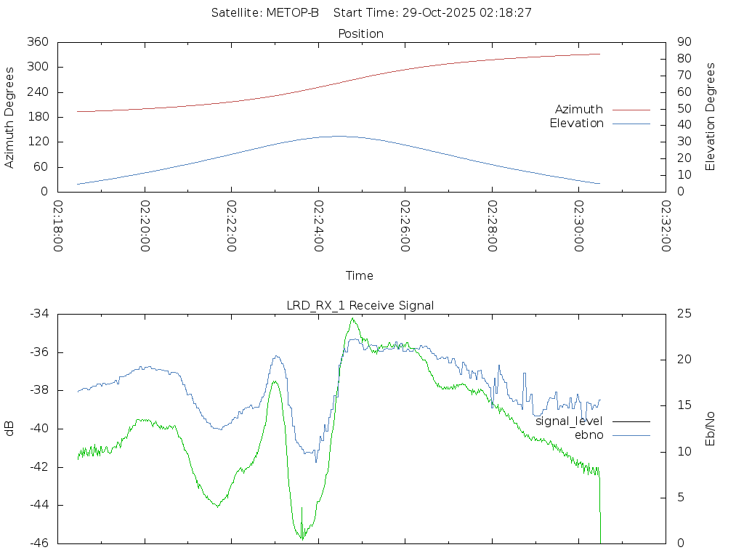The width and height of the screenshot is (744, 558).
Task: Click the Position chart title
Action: tap(361, 33)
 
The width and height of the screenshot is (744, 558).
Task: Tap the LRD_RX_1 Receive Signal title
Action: tap(360, 305)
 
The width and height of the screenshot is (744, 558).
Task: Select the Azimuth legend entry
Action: tap(579, 109)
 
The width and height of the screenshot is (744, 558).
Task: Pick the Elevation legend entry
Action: tap(576, 124)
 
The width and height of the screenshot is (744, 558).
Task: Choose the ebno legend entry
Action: tap(589, 434)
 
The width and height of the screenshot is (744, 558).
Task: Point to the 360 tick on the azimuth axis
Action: tap(38, 42)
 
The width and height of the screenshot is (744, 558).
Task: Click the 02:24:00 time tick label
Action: tap(318, 227)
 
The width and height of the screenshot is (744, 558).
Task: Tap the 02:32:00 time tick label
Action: tap(666, 227)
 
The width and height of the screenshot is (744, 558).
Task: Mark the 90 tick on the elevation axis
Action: tap(684, 42)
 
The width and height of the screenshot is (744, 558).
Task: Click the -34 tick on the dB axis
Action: tap(39, 314)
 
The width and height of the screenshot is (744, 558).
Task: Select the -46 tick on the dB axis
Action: tap(39, 543)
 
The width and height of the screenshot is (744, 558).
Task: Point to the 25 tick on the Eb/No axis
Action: tap(684, 314)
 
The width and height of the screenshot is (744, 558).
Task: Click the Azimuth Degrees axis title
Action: tap(10, 117)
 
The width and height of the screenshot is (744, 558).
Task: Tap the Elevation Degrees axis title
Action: tap(711, 116)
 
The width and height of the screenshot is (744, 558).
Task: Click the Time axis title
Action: tap(360, 275)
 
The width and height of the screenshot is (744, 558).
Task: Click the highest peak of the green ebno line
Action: tap(352, 318)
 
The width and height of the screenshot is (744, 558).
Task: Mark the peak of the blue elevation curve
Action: tap(339, 136)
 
